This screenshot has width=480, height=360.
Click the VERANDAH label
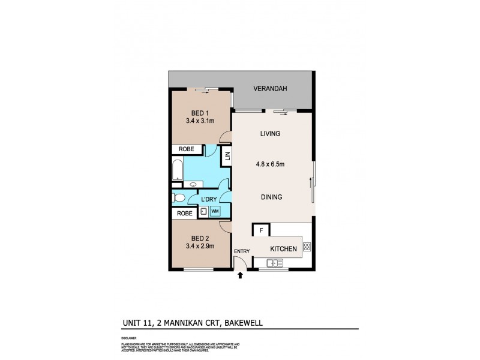[x=270, y=89]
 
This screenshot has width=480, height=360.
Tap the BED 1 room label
[x=200, y=112]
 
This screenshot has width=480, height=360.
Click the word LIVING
[x=271, y=133]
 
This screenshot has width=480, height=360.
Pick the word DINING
[x=271, y=196]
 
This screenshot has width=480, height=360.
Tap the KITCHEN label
[x=283, y=248]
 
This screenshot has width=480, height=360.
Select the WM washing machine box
[x=215, y=211]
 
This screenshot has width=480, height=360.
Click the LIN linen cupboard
[x=227, y=158]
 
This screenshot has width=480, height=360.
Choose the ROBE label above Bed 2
[x=183, y=212]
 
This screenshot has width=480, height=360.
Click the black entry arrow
[x=241, y=276]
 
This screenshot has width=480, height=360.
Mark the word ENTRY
[x=241, y=251]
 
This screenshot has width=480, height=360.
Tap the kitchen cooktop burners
[x=307, y=246]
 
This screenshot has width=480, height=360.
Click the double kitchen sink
[x=275, y=262]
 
